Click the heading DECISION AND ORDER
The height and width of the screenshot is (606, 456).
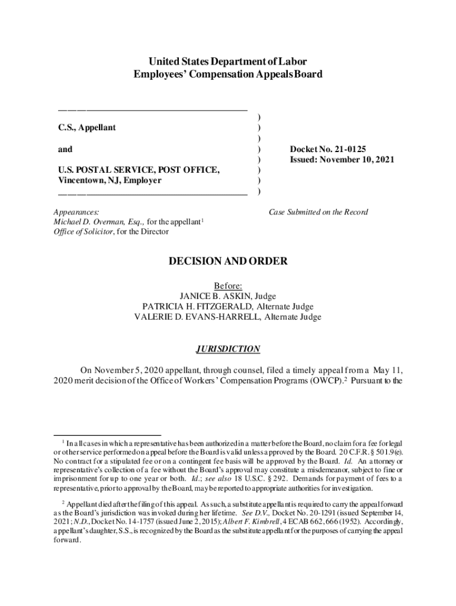pyautogui.click(x=228, y=261)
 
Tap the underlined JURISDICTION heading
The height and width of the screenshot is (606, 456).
pyautogui.click(x=228, y=349)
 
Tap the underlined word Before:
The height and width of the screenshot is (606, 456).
pyautogui.click(x=228, y=285)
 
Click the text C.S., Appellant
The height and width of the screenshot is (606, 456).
pyautogui.click(x=87, y=128)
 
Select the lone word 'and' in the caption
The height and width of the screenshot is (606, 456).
pyautogui.click(x=65, y=149)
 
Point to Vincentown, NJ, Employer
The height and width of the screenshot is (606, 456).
pyautogui.click(x=110, y=180)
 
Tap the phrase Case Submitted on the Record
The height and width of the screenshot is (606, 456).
pyautogui.click(x=318, y=212)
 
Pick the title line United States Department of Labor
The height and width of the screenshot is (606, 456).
pyautogui.click(x=228, y=62)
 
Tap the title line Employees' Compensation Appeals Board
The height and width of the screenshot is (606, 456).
pyautogui.click(x=228, y=75)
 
